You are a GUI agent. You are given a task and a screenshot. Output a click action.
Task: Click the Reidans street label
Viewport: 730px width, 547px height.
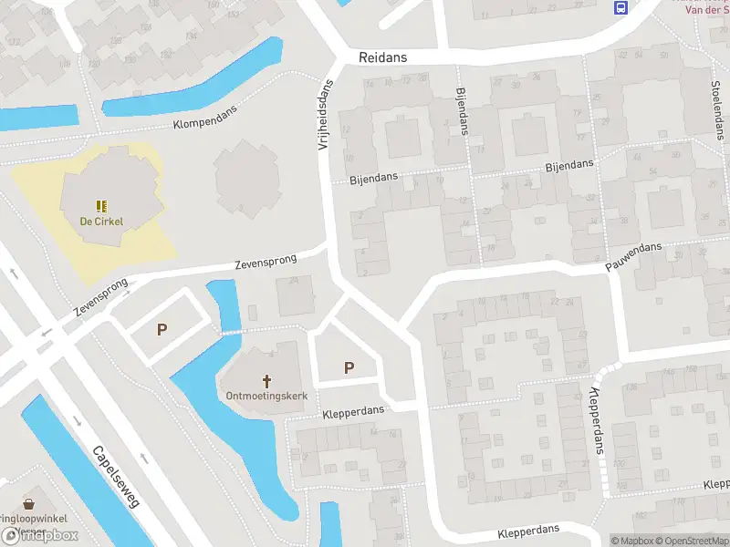pos(383,57)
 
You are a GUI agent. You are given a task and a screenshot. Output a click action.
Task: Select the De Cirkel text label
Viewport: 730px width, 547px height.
pos(100,221)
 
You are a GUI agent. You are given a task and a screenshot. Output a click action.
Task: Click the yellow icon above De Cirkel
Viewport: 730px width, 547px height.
pos(100,205)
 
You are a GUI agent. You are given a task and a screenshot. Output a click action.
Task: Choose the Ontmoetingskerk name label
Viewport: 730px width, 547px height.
pos(266,396)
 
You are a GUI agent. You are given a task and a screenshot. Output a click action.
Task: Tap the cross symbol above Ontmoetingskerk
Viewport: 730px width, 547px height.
pos(266,380)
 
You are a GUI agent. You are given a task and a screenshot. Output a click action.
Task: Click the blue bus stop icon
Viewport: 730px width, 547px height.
pos(621,8)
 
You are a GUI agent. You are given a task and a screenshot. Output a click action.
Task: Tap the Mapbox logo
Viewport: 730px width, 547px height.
pos(39,535)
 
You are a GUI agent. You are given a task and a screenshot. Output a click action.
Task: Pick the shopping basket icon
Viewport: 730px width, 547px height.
pos(30,503)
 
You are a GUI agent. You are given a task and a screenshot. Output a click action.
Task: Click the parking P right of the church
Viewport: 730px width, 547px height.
pos(349,367)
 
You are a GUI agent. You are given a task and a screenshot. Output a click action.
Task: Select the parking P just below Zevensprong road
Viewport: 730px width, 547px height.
pos(162,329)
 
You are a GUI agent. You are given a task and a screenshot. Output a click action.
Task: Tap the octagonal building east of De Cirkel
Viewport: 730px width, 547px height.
pos(246,173)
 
